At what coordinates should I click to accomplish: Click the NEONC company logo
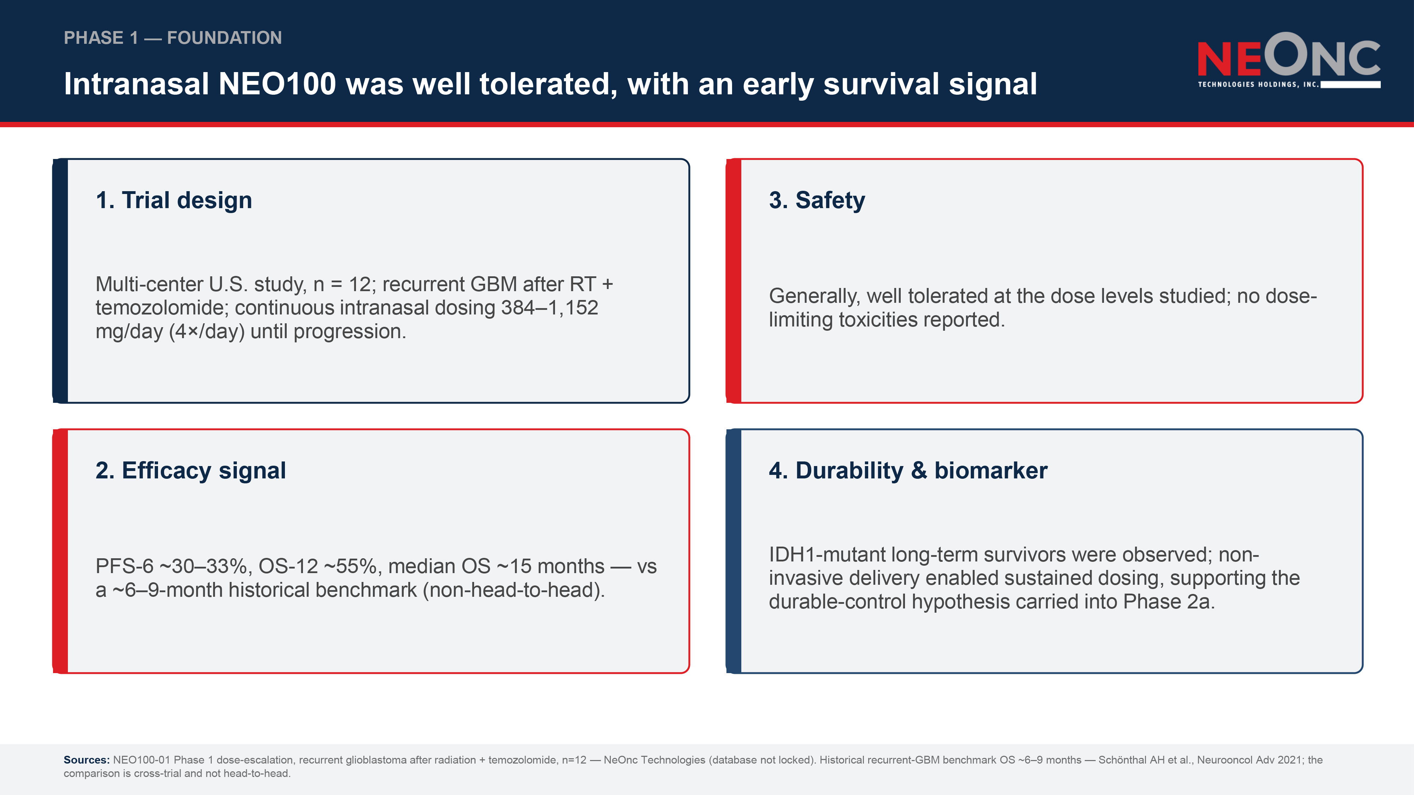coord(1289,60)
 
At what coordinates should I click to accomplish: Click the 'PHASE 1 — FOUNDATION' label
coord(173,38)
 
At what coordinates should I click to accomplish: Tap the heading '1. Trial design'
coord(174,200)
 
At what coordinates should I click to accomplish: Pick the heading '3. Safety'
coord(817,200)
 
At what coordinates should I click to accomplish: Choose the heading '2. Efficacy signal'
coord(191,471)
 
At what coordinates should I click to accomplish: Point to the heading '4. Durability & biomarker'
coord(908,471)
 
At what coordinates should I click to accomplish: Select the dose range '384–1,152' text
coord(549,308)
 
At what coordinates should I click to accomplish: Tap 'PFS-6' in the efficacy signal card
coord(124,566)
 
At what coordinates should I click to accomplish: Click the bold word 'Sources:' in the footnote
coord(87,760)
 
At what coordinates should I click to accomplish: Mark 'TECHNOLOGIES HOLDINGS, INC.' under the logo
coord(1258,84)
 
